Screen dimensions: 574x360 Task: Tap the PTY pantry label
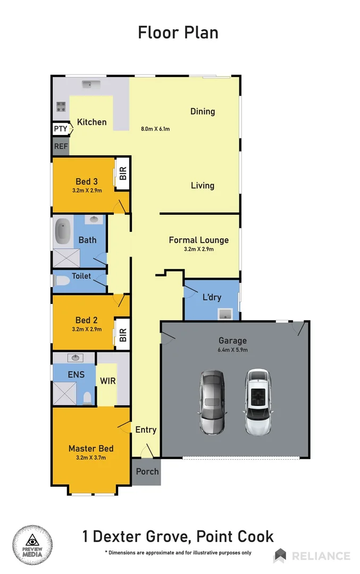[x=60, y=129]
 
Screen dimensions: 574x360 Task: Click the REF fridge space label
[x=60, y=146]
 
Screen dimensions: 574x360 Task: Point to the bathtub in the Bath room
[x=64, y=231]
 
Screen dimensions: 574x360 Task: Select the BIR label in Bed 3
[x=123, y=174]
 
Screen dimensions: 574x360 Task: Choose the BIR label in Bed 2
[x=123, y=334]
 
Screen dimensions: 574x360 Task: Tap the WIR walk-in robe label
[x=108, y=381]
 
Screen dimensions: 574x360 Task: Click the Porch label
[x=147, y=471]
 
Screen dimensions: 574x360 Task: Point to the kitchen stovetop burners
[x=61, y=106]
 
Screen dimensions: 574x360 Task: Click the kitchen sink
[x=88, y=84]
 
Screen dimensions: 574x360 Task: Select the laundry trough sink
[x=225, y=314]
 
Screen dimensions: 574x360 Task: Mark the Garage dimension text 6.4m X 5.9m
[x=233, y=350]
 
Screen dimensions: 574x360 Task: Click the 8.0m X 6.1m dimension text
[x=155, y=129]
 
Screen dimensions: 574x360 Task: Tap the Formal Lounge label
[x=198, y=240]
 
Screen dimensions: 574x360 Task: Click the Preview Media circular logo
[x=32, y=545]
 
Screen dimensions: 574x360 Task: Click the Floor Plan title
[x=178, y=32]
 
